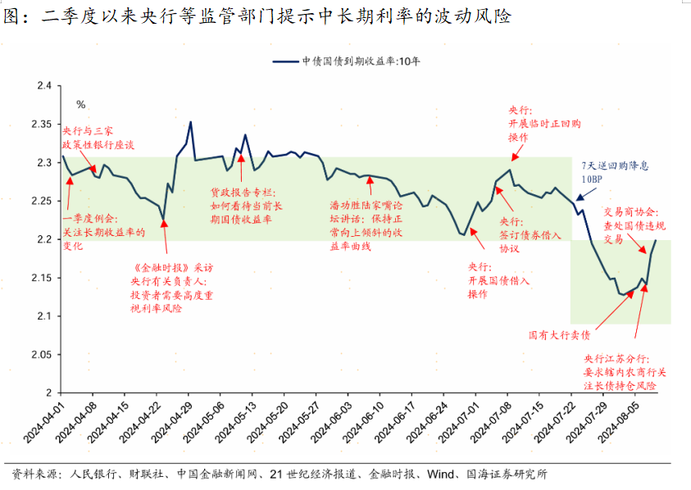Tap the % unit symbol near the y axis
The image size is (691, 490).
point(80,104)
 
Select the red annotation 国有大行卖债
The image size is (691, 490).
point(560,335)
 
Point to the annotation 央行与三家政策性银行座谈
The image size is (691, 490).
point(98,137)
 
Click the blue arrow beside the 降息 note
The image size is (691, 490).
point(580,196)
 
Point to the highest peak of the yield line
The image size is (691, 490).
point(191,123)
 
